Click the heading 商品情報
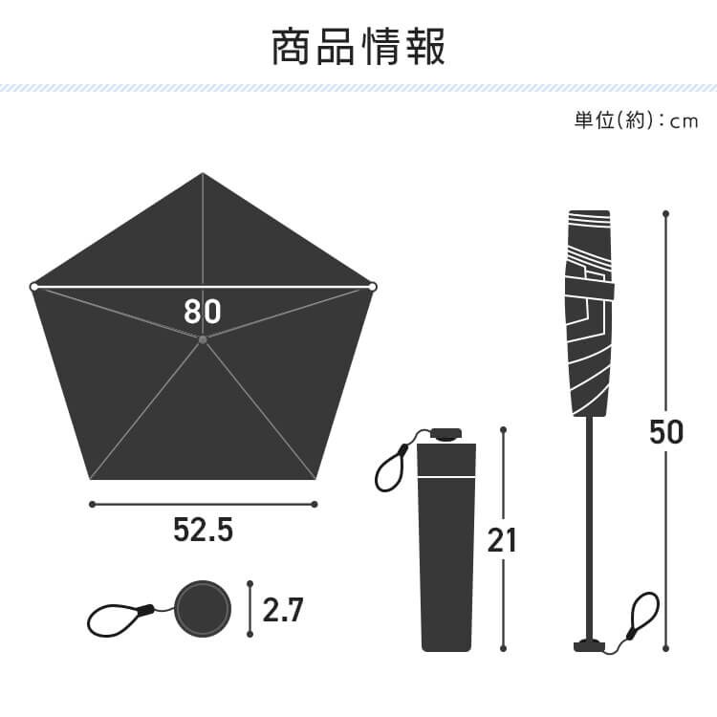coord(358,47)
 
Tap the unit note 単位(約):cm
coord(636,120)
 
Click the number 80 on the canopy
coord(202,311)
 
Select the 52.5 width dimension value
coord(203,530)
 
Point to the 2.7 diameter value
coord(283,610)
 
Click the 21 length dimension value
coord(502,540)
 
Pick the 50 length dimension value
coord(666,432)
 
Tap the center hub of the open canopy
coord(203,339)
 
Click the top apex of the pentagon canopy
coord(203,173)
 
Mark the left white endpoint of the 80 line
coord(33,287)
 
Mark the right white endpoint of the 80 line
coord(372,287)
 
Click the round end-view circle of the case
coord(203,609)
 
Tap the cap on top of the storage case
coord(445,434)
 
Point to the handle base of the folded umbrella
coord(590,646)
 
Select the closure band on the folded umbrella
coord(590,288)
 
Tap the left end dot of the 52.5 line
coord(92,505)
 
